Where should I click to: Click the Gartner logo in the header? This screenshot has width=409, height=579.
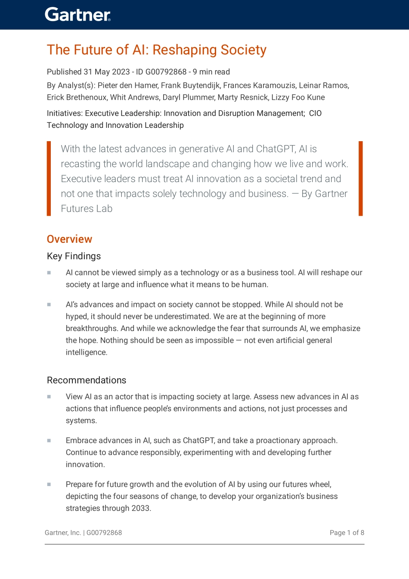[77, 15]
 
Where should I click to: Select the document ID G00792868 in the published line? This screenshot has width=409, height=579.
[166, 72]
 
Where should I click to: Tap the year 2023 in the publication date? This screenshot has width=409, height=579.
[121, 72]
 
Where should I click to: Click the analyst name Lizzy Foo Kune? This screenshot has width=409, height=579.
[298, 97]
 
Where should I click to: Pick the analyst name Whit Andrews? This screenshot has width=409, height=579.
[134, 97]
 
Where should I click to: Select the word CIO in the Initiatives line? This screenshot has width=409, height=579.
[315, 113]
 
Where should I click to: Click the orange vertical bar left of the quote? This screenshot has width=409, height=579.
[49, 178]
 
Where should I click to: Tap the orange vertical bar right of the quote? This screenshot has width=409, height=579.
[360, 178]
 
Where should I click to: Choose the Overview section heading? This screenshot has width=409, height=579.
[69, 239]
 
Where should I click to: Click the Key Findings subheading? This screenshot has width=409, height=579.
[74, 256]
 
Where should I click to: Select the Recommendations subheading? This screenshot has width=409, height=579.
[87, 380]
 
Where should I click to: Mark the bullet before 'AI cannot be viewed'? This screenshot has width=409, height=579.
[49, 272]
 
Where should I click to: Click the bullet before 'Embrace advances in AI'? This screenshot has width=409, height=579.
[49, 440]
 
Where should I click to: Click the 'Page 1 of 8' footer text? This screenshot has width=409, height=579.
[347, 533]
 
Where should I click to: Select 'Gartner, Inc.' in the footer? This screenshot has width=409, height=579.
[63, 533]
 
